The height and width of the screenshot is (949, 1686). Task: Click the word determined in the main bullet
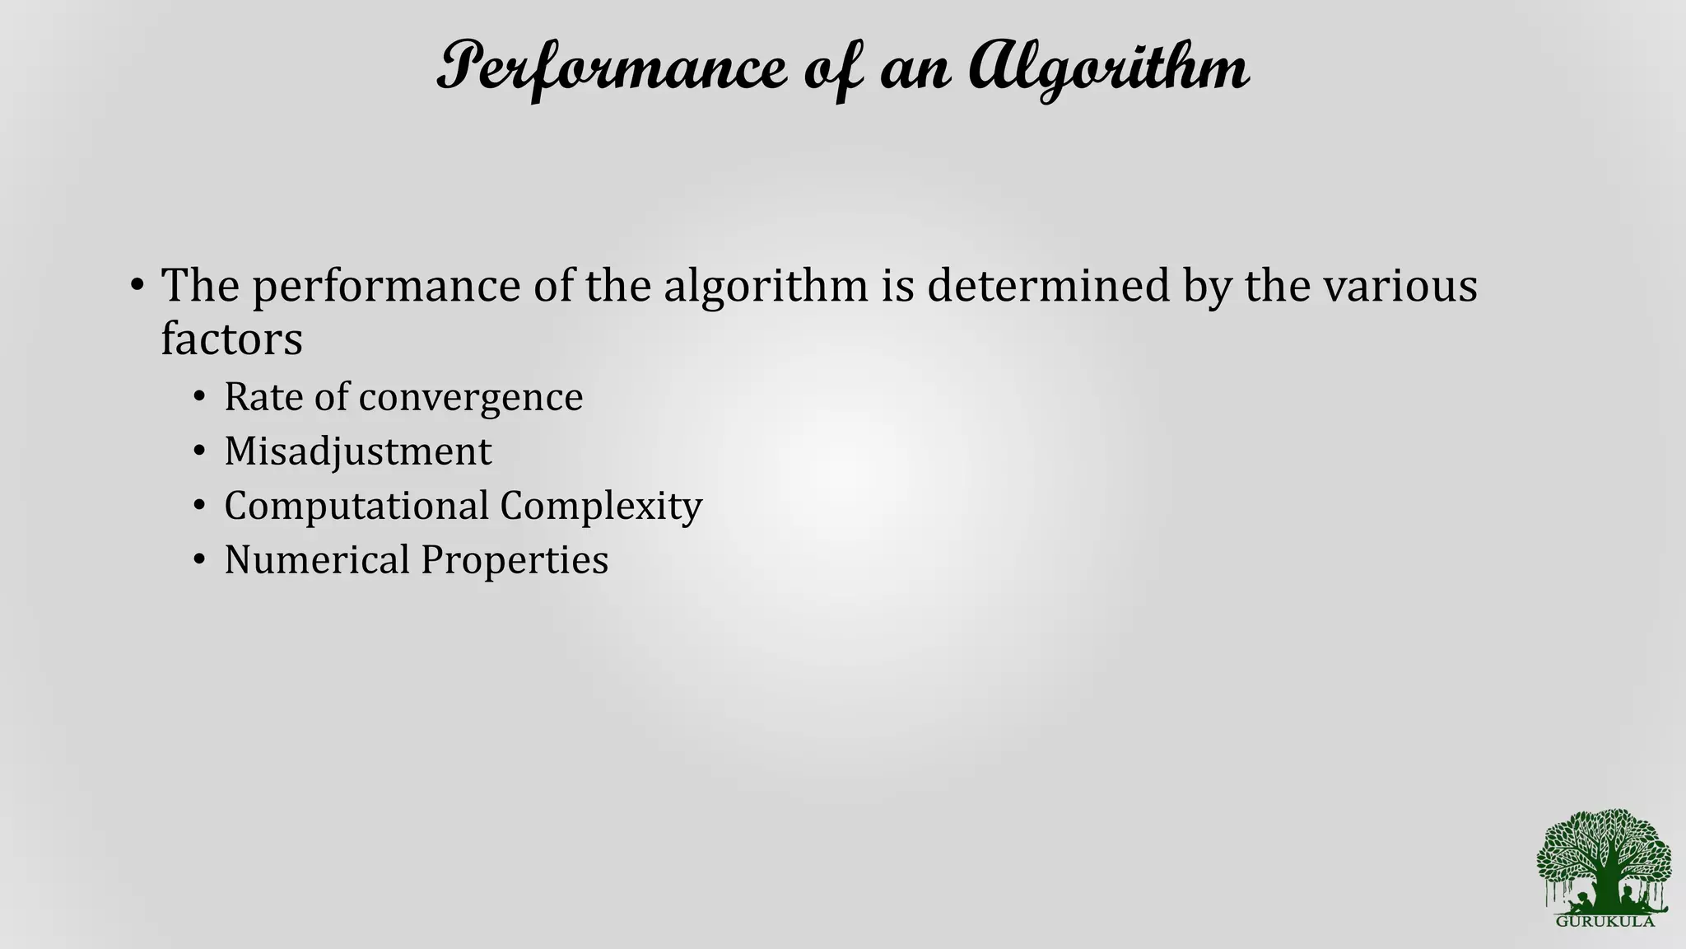(x=1048, y=286)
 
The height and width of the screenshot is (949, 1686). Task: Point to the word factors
(x=231, y=339)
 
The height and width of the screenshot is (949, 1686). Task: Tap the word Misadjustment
(x=358, y=452)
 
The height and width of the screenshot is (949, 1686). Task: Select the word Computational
(x=356, y=506)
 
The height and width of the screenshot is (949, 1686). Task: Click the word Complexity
(x=601, y=507)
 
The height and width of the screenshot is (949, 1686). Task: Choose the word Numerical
(x=317, y=560)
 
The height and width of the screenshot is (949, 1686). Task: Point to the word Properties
(x=515, y=561)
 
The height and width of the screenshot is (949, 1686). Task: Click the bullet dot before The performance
(x=137, y=287)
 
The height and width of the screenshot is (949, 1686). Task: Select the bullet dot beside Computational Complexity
(x=198, y=507)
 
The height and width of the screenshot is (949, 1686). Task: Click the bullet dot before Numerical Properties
(x=198, y=561)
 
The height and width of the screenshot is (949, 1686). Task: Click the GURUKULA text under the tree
(x=1604, y=922)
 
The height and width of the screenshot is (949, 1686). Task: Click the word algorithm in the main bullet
(x=766, y=288)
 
